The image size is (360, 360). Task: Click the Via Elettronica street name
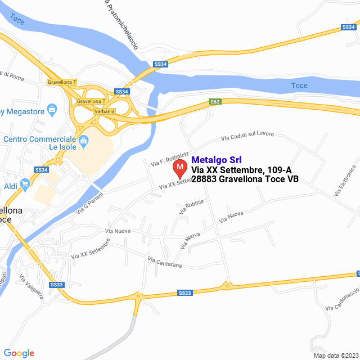click(x=345, y=181)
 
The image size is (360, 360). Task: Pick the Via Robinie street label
click(x=191, y=206)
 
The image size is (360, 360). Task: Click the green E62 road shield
click(x=215, y=102)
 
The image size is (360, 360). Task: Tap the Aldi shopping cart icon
click(x=25, y=183)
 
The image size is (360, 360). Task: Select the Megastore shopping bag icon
click(x=52, y=108)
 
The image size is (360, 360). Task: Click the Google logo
click(x=19, y=353)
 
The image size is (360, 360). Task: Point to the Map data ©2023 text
click(x=335, y=355)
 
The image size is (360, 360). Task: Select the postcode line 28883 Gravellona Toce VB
click(x=245, y=179)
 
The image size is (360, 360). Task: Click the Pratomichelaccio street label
click(x=121, y=25)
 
